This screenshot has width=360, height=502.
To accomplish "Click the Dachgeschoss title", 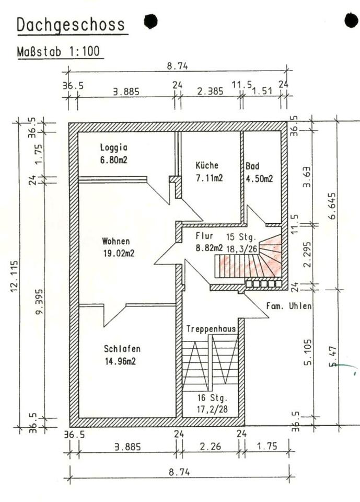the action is [x=71, y=25].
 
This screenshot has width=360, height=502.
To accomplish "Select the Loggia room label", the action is [x=114, y=147].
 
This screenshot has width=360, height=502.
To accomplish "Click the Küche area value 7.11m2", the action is [x=209, y=178].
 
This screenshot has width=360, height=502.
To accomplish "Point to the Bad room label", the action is [x=252, y=166].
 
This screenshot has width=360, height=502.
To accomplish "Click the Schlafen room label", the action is [x=122, y=348].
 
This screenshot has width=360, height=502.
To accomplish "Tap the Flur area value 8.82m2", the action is [x=209, y=248].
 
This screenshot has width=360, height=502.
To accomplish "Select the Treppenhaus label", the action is [x=211, y=328].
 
